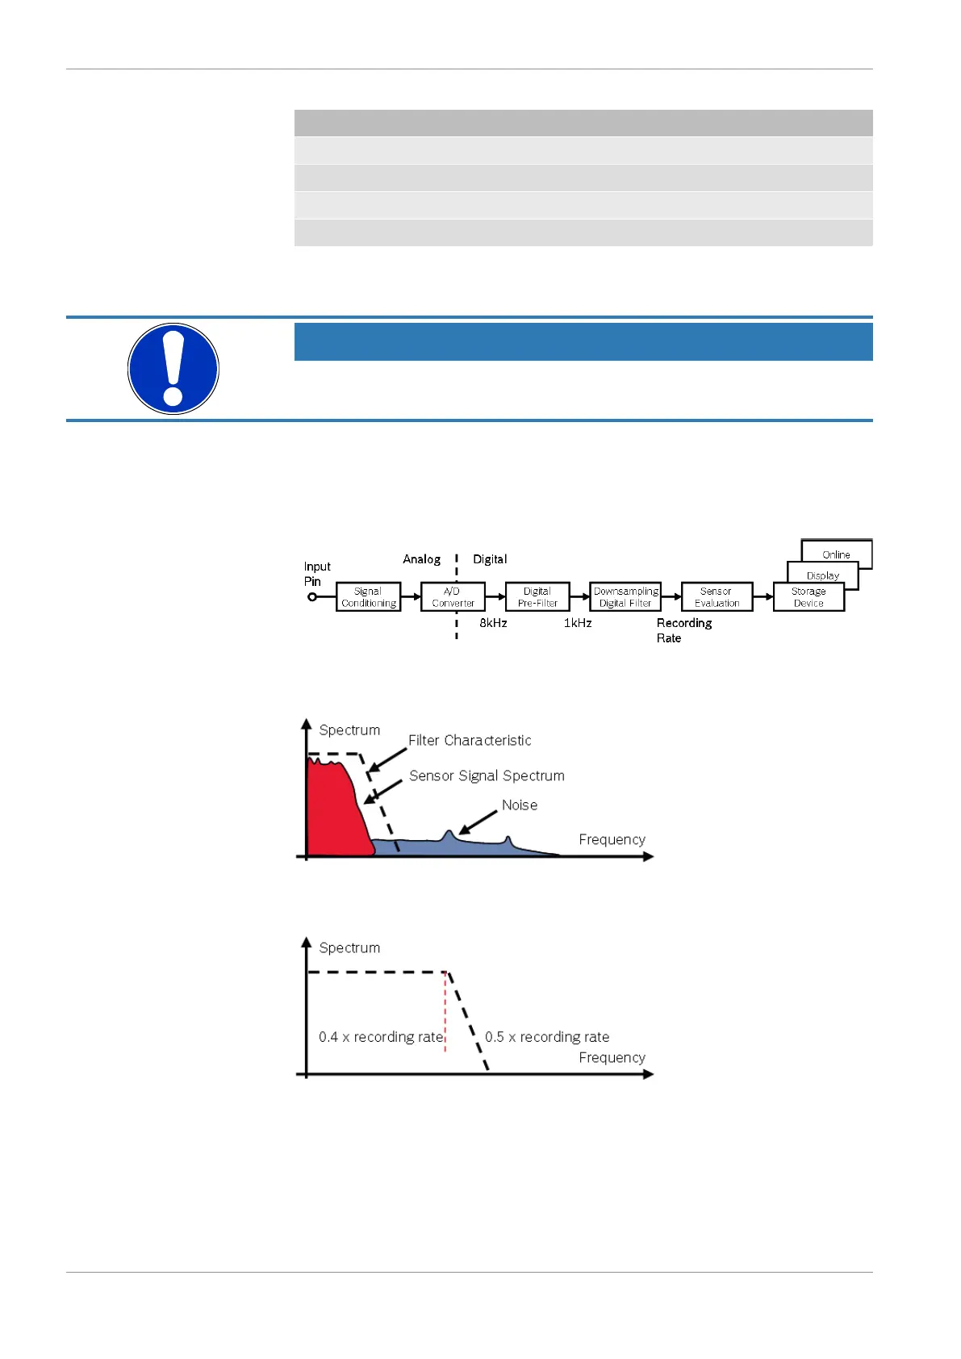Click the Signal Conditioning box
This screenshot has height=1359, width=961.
point(368,597)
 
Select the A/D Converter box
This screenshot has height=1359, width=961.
point(453,597)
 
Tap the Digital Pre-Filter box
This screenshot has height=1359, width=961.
point(537,597)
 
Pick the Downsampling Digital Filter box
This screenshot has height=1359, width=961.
point(625,597)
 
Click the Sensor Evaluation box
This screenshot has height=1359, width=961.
point(717,597)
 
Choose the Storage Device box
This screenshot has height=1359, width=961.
point(808,597)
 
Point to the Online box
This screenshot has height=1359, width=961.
point(837,554)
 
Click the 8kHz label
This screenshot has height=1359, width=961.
point(493,623)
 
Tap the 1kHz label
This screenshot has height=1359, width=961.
point(578,623)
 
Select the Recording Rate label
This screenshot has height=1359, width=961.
point(683,630)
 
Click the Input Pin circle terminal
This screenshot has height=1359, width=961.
point(312,597)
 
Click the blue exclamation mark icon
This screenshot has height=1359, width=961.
point(173,369)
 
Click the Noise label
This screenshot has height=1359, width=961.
point(520,805)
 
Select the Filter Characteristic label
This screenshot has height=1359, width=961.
point(470,740)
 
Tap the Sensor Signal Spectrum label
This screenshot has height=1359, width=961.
point(487,776)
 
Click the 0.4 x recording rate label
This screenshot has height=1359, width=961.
point(381,1037)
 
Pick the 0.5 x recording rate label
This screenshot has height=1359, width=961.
point(547,1037)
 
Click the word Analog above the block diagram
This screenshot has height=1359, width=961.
point(421,559)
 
